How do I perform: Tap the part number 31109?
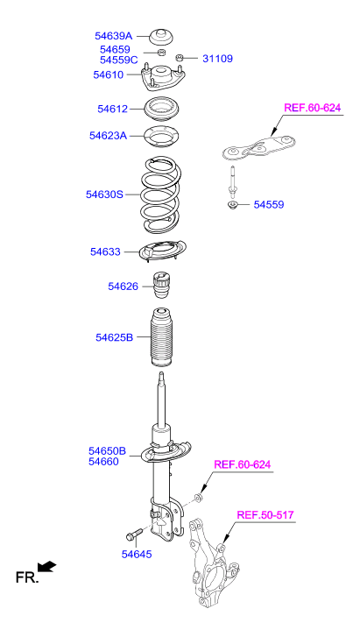tap(217, 59)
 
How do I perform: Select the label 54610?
tap(108, 74)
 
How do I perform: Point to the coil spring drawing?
tap(160, 195)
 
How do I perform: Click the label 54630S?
tap(104, 195)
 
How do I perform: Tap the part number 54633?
tap(105, 251)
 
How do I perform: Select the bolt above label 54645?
tap(134, 534)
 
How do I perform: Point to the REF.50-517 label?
tap(265, 515)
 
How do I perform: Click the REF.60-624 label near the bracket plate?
tap(312, 108)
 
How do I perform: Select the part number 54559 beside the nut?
tap(269, 205)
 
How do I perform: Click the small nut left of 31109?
tap(180, 58)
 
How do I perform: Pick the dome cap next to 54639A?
tap(162, 37)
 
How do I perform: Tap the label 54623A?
tap(108, 135)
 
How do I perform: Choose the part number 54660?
tap(103, 462)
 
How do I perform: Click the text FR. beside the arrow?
tap(27, 577)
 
